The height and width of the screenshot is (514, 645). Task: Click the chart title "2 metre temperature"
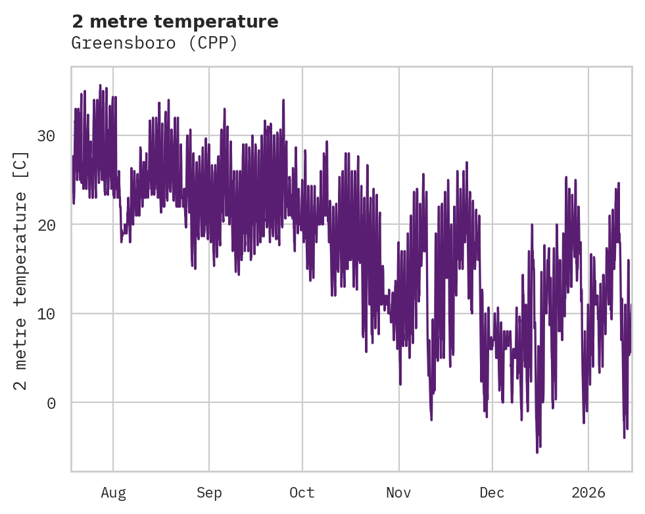click(x=175, y=22)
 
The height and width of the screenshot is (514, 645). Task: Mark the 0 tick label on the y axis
click(x=51, y=402)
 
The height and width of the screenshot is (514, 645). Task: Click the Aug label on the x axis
click(x=113, y=493)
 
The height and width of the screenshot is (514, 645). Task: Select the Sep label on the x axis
click(x=209, y=493)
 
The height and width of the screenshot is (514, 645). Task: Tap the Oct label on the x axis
click(x=302, y=493)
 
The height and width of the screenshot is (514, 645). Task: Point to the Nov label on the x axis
click(x=398, y=493)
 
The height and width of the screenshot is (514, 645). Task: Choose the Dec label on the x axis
click(x=492, y=493)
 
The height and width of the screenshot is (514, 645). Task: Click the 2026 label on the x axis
click(x=588, y=493)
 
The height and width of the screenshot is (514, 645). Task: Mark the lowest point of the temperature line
click(x=537, y=452)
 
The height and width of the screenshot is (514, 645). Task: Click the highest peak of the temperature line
click(x=100, y=85)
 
